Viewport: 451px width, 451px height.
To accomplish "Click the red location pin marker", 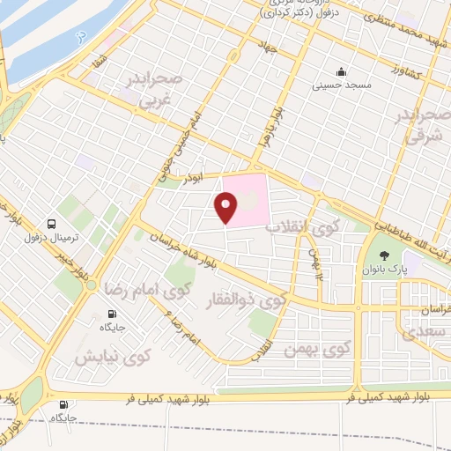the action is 226,208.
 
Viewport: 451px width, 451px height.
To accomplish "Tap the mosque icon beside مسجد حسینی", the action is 340,72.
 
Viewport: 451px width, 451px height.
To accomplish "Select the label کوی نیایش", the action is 112,357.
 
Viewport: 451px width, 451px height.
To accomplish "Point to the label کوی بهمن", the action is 313,350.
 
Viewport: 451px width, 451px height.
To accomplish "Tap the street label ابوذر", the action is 193,178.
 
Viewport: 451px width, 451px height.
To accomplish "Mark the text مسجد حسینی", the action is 339,87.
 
